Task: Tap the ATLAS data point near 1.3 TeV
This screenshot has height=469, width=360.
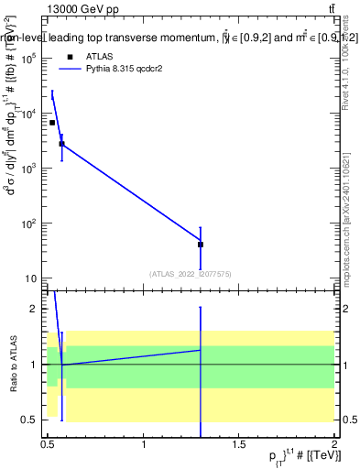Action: (x=201, y=245)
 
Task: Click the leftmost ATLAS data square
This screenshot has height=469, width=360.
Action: (x=52, y=123)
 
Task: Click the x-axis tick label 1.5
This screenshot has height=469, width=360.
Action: (x=239, y=444)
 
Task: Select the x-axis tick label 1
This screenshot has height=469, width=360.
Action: (x=144, y=444)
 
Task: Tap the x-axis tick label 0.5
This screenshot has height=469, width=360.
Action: (x=49, y=444)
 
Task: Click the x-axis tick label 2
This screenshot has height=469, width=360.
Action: (x=334, y=444)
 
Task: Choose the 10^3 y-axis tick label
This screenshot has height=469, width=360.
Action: (x=28, y=169)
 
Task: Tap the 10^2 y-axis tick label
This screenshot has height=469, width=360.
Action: (x=28, y=224)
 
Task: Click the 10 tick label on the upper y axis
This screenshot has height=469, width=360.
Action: (x=30, y=278)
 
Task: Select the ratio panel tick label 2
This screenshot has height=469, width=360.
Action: (x=34, y=310)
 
